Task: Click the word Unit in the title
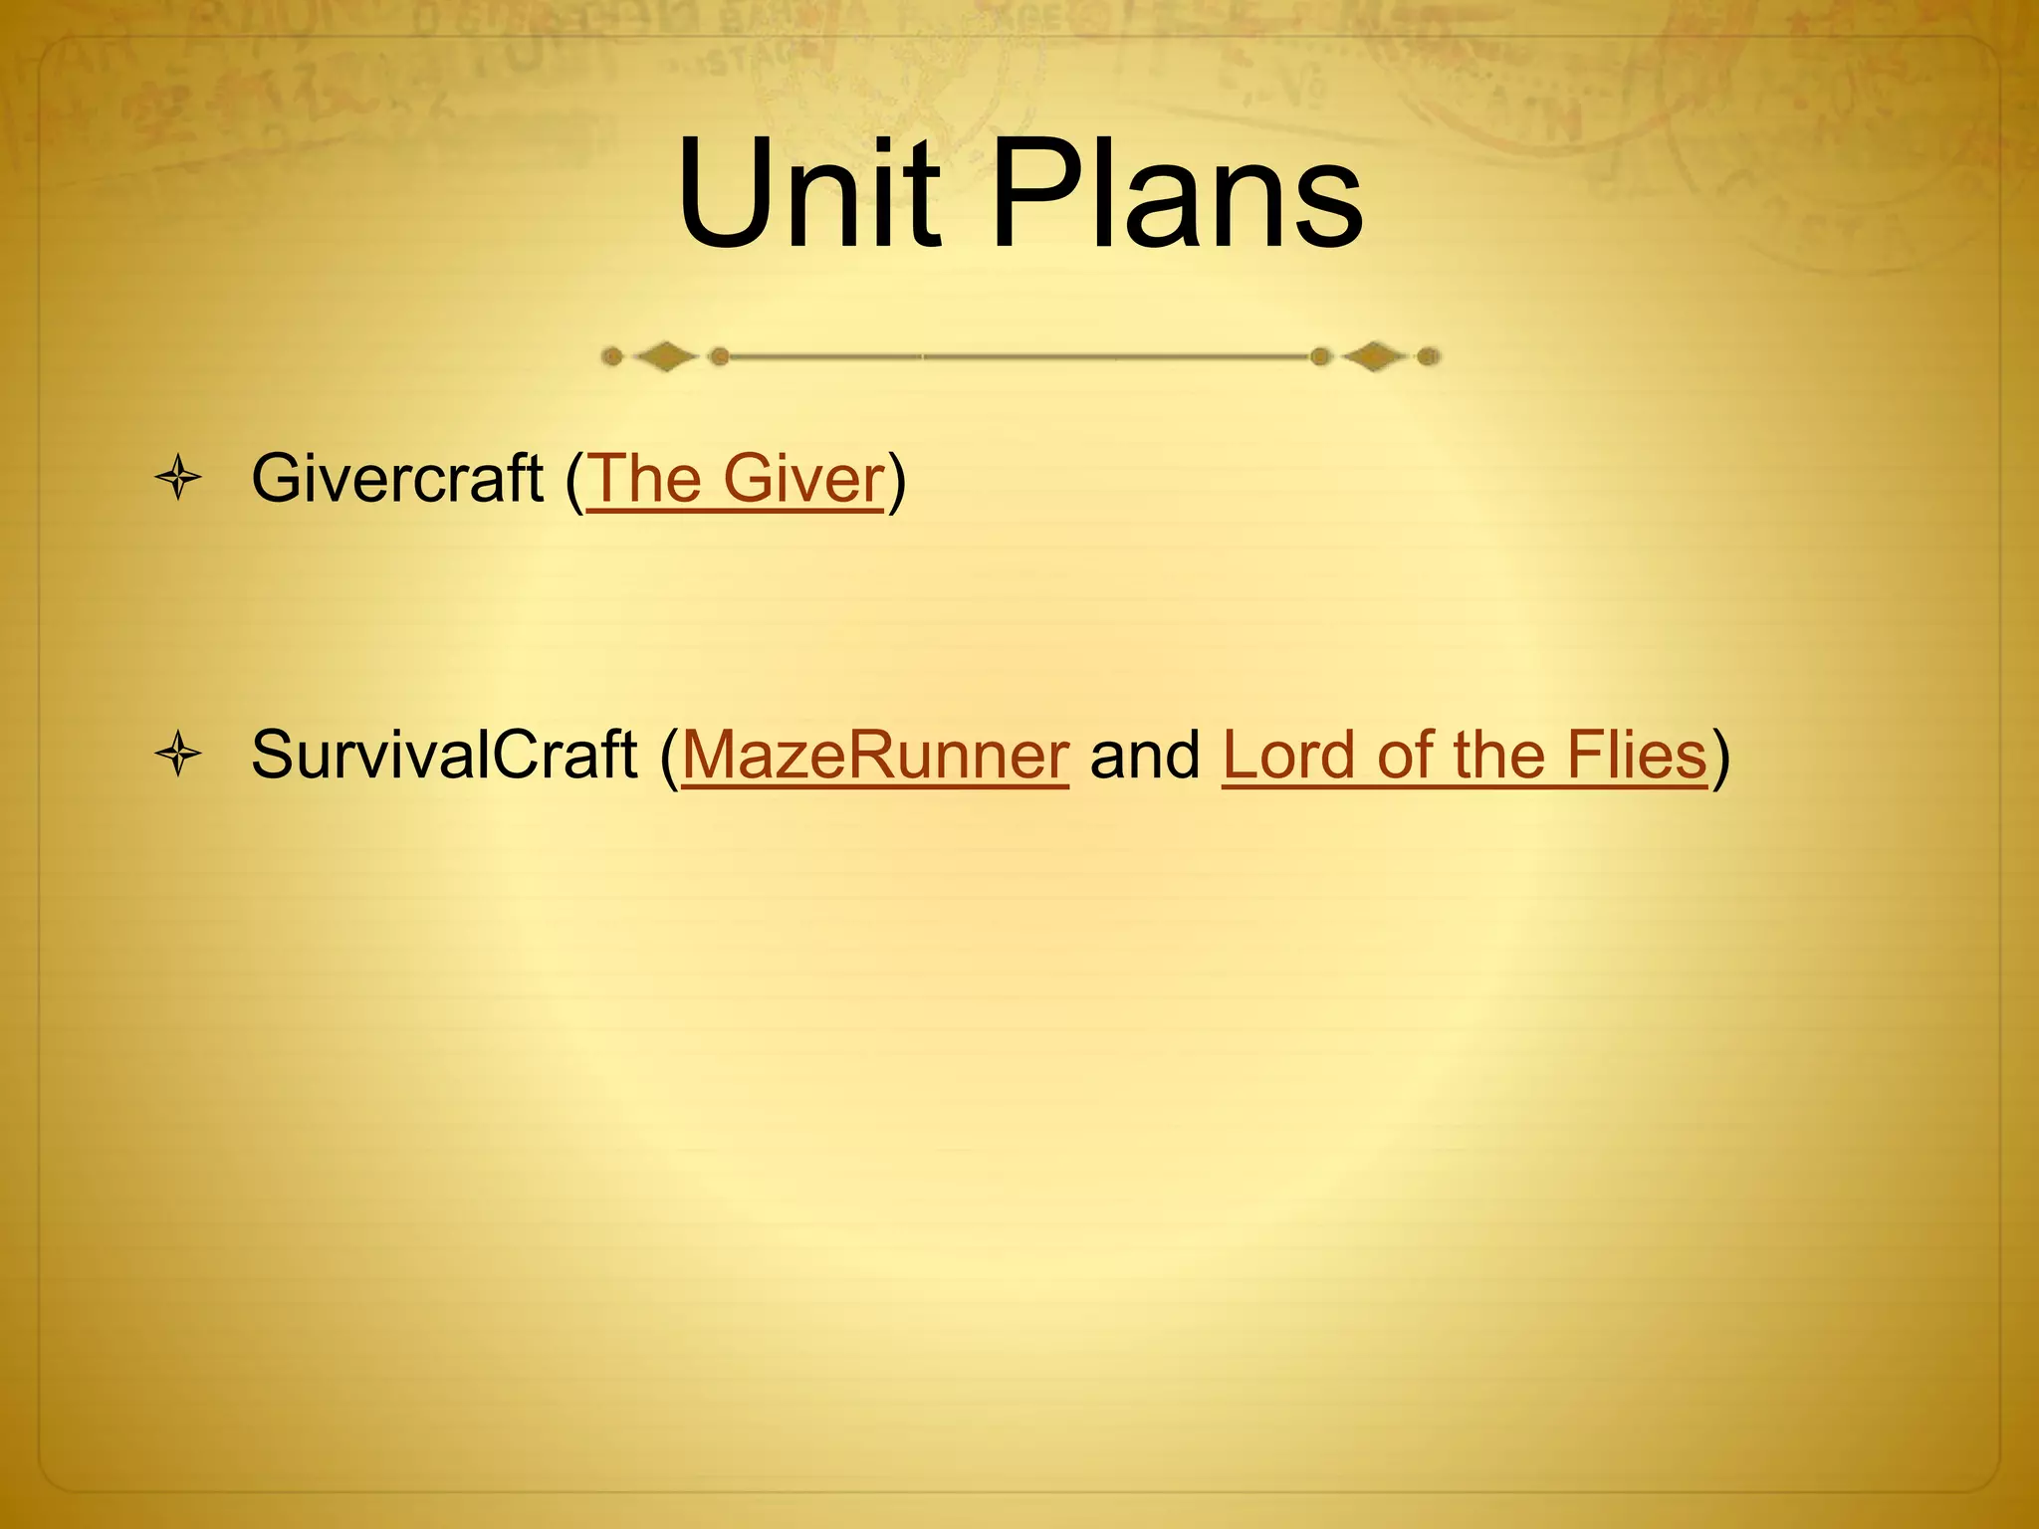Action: click(808, 194)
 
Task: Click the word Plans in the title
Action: click(1178, 194)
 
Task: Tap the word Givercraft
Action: click(396, 479)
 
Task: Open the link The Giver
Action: click(736, 479)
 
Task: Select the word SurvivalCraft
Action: click(443, 755)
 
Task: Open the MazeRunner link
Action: click(875, 755)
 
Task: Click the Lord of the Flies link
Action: click(1465, 755)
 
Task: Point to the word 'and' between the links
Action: click(1145, 755)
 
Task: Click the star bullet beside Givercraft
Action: click(179, 479)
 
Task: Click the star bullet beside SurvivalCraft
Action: click(179, 755)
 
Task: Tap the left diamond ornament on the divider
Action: click(665, 356)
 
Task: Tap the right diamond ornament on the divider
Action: click(1375, 356)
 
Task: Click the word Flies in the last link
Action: click(1637, 755)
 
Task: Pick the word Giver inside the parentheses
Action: click(804, 479)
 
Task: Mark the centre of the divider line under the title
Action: click(1020, 356)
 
